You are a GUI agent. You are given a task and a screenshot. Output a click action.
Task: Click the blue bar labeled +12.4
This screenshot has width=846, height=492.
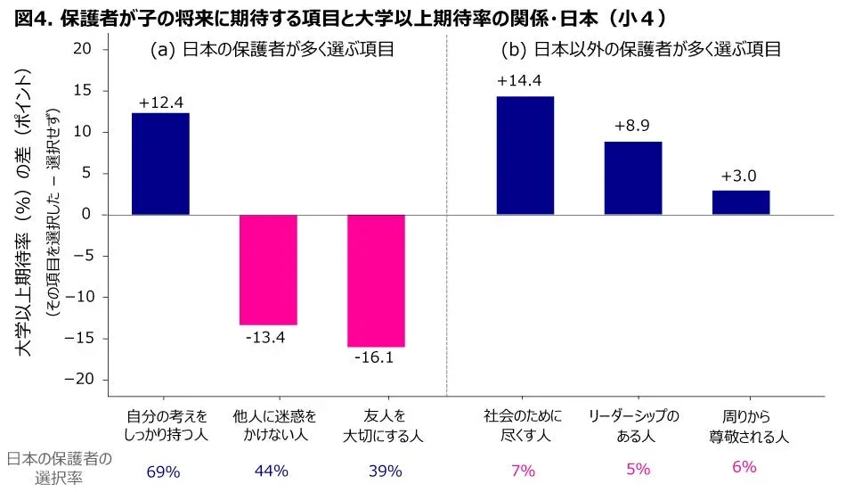[160, 164]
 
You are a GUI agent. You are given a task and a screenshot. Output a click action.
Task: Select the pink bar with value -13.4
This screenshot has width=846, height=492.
[268, 269]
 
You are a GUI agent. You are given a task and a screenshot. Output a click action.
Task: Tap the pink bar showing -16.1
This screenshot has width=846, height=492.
[377, 281]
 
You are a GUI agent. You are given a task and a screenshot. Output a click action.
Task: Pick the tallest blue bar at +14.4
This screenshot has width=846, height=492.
[525, 156]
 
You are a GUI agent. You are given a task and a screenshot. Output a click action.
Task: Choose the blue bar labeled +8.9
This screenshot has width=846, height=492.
[633, 178]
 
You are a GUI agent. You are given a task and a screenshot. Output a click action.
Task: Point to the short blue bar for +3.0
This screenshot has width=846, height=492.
[741, 202]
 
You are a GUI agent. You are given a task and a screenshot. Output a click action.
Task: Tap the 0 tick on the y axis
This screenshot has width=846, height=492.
[85, 215]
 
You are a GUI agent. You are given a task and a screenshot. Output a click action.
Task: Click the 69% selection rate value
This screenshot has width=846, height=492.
[163, 470]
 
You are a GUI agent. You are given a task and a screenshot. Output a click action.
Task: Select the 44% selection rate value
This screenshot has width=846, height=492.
[271, 470]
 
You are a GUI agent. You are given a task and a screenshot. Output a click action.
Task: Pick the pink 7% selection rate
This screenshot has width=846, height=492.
[525, 470]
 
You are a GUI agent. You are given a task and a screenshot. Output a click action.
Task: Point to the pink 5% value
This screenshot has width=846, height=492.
[637, 470]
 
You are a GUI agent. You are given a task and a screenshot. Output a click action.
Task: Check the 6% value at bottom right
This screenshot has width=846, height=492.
[744, 467]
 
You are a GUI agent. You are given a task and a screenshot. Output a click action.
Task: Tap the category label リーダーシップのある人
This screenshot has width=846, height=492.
[634, 427]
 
